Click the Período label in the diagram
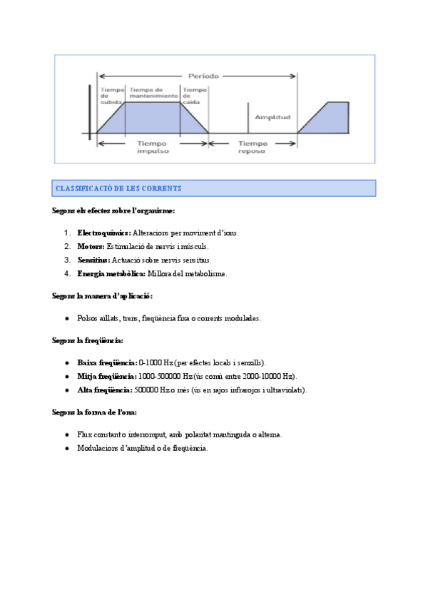click(x=203, y=75)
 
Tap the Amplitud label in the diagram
click(x=272, y=116)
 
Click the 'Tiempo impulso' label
click(x=153, y=147)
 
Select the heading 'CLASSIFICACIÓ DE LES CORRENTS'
click(x=118, y=188)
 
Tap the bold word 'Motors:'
click(x=91, y=247)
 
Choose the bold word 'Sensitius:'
click(x=93, y=260)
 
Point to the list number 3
click(x=66, y=260)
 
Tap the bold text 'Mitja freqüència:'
click(x=107, y=377)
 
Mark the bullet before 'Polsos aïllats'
click(x=66, y=319)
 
